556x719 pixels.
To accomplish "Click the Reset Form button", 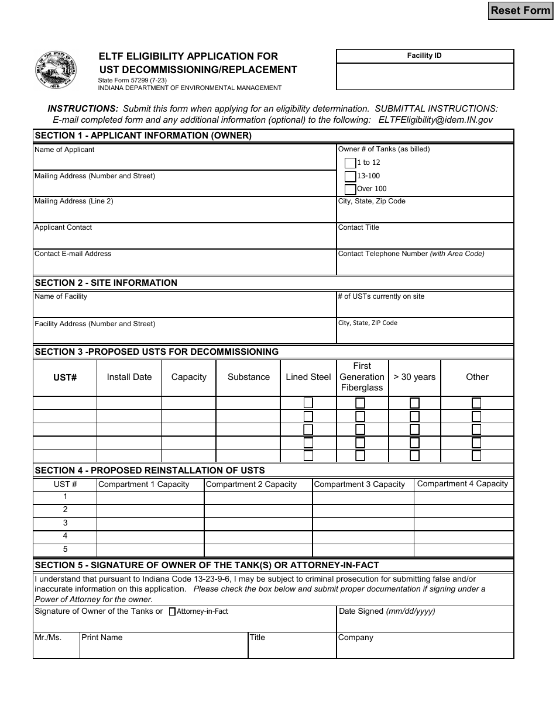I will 520,11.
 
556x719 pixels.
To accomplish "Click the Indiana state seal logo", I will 56,70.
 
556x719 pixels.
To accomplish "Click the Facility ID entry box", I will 425,76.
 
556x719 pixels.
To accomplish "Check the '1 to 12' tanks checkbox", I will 350,163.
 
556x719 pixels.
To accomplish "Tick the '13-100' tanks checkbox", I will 350,176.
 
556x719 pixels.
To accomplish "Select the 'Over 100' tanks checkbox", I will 350,189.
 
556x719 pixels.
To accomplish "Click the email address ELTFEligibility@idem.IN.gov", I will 435,119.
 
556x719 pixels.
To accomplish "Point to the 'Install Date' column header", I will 129,377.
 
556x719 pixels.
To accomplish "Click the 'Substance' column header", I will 248,377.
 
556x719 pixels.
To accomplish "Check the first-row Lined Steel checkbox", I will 308,403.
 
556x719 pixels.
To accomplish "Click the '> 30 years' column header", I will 414,377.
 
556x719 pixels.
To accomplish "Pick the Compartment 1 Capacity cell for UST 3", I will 150,523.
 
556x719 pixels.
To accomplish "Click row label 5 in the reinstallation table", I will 65,549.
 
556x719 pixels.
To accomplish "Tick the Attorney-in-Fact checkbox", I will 172,612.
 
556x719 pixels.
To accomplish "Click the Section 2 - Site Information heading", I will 106,283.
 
